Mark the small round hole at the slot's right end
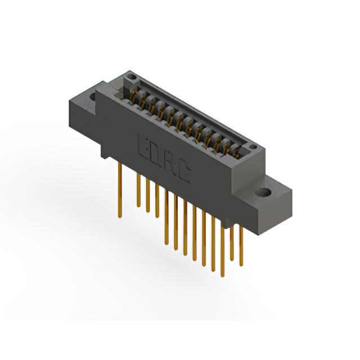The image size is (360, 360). pyautogui.click(x=254, y=148)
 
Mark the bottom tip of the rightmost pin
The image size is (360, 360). pyautogui.click(x=241, y=265)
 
